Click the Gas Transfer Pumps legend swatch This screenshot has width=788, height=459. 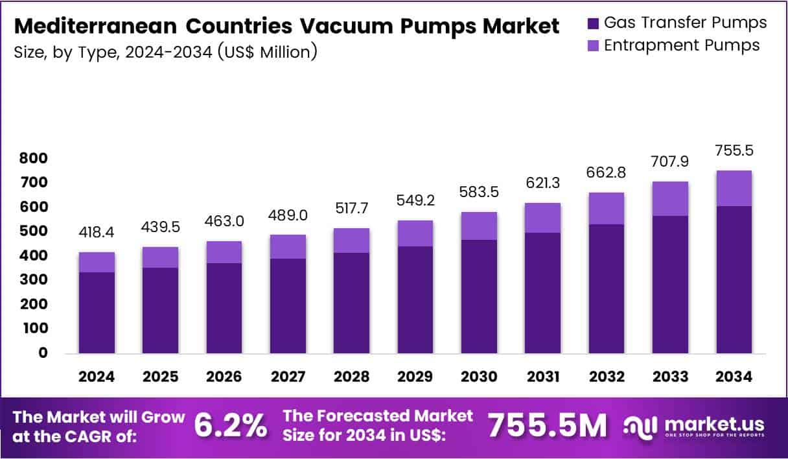[x=593, y=23]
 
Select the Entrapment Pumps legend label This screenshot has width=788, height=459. [x=681, y=45]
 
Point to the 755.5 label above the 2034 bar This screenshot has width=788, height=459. [x=734, y=150]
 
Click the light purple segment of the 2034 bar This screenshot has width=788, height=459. [x=734, y=188]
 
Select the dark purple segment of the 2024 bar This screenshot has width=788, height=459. [x=97, y=312]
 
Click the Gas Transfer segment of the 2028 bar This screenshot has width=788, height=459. [x=352, y=303]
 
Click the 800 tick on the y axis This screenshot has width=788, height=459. [x=33, y=158]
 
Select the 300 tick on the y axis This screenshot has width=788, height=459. [x=33, y=280]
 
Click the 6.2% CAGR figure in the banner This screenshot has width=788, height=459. [x=230, y=425]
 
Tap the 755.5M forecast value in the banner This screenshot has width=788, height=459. [x=548, y=425]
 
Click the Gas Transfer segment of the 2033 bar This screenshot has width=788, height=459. [x=670, y=285]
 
